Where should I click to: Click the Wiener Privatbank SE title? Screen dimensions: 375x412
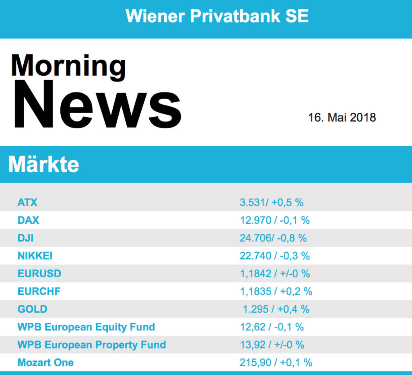[x=217, y=16]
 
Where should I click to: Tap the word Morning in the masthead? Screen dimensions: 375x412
[x=68, y=65]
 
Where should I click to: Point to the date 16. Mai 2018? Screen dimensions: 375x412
[x=342, y=117]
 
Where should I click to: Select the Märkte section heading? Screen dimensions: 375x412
[x=43, y=164]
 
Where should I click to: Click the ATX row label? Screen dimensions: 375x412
[x=27, y=202]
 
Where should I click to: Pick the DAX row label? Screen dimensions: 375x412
[x=28, y=220]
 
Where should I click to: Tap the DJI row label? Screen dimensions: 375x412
[x=25, y=238]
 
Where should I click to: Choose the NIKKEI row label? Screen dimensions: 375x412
[x=35, y=255]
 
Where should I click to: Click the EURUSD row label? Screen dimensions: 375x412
[x=39, y=274]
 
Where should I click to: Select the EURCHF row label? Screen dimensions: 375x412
[x=39, y=291]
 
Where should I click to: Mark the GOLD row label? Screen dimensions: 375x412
[x=32, y=309]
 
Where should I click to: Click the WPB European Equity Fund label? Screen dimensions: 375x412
[x=86, y=327]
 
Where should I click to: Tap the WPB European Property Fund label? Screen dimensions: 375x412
[x=92, y=345]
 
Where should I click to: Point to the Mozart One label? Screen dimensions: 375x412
[x=45, y=363]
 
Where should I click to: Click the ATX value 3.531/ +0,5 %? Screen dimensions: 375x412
[x=272, y=202]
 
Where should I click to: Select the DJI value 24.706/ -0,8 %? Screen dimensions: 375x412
[x=273, y=238]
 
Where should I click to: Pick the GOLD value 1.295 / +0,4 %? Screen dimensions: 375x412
[x=276, y=309]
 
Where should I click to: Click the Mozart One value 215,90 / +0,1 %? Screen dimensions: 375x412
[x=276, y=363]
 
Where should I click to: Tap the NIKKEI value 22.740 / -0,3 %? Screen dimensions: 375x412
[x=275, y=255]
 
